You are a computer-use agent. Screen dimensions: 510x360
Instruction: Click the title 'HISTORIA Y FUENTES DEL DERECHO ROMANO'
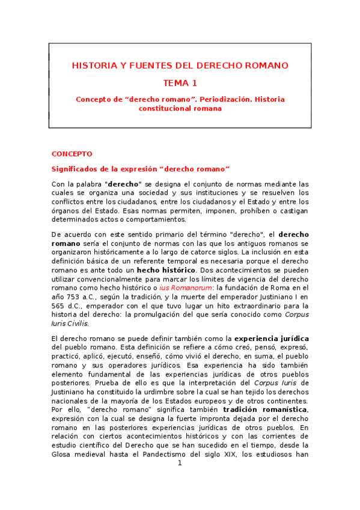point(180,65)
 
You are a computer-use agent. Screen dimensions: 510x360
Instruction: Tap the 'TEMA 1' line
point(180,83)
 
